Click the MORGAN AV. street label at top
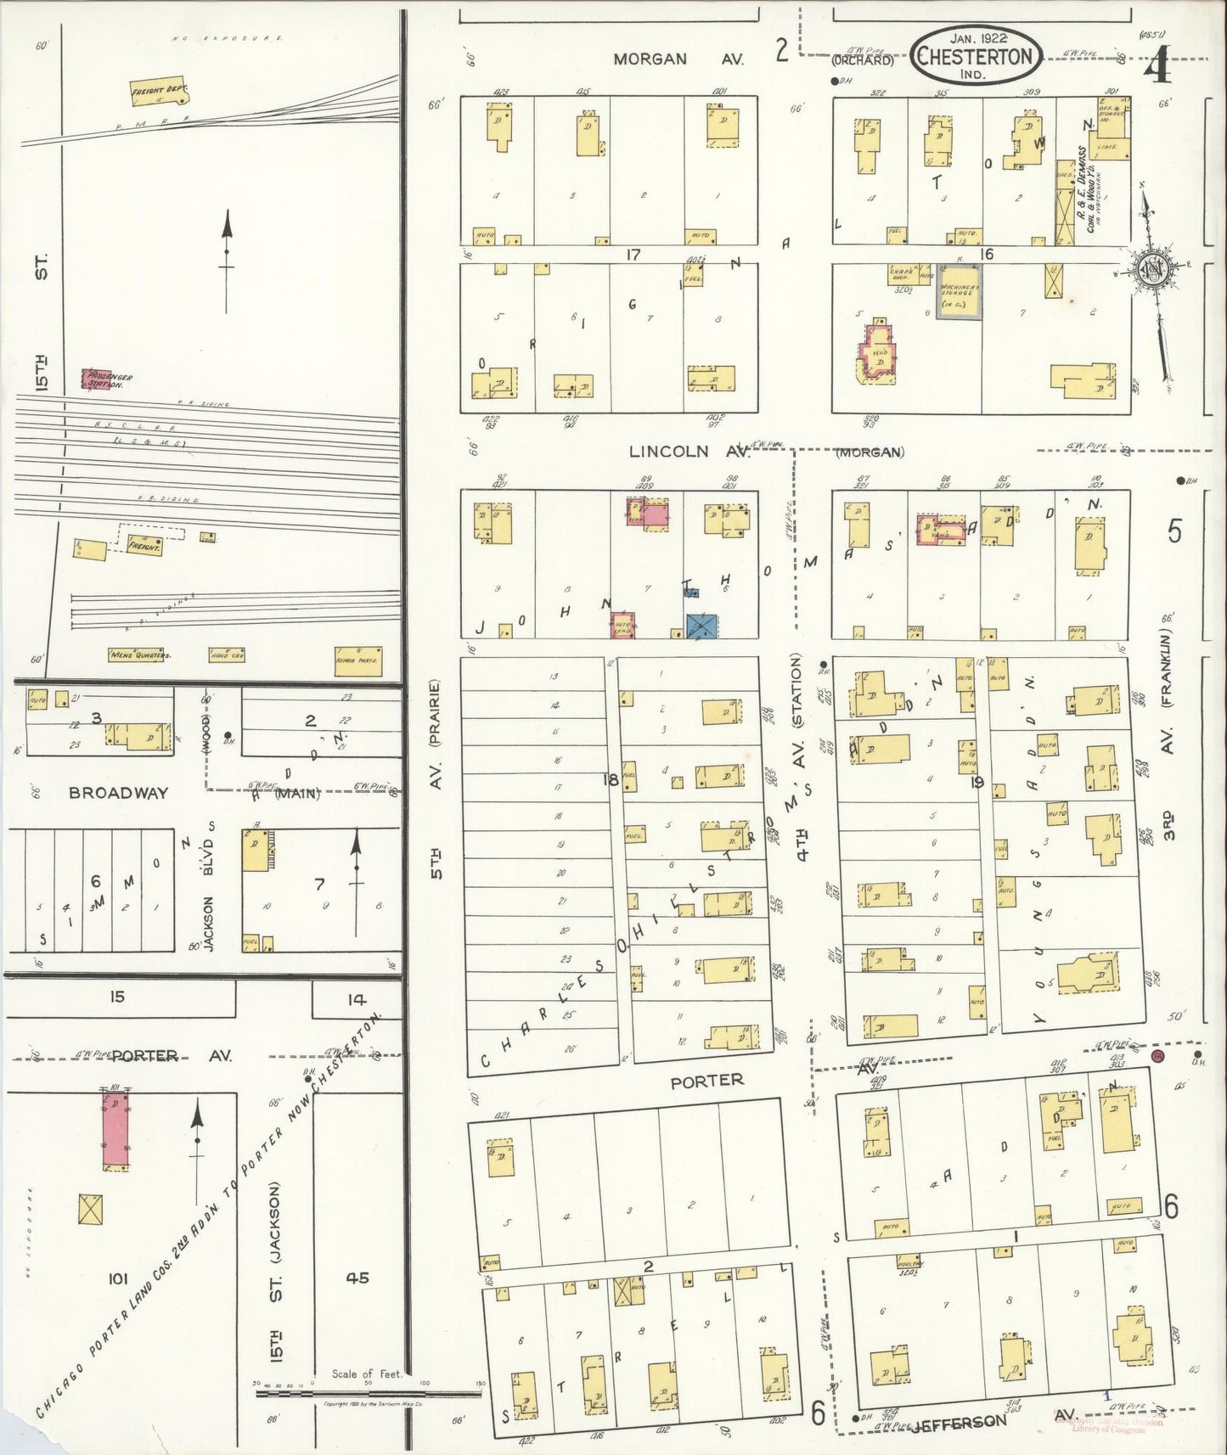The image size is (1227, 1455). [x=679, y=59]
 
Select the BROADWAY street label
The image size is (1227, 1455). [x=119, y=793]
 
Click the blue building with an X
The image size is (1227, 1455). [x=700, y=626]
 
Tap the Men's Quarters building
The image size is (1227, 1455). [x=140, y=655]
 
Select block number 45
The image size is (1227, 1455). [x=357, y=1275]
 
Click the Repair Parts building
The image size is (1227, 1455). [x=357, y=658]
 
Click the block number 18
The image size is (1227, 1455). [x=610, y=777]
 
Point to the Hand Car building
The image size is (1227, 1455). [x=227, y=655]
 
